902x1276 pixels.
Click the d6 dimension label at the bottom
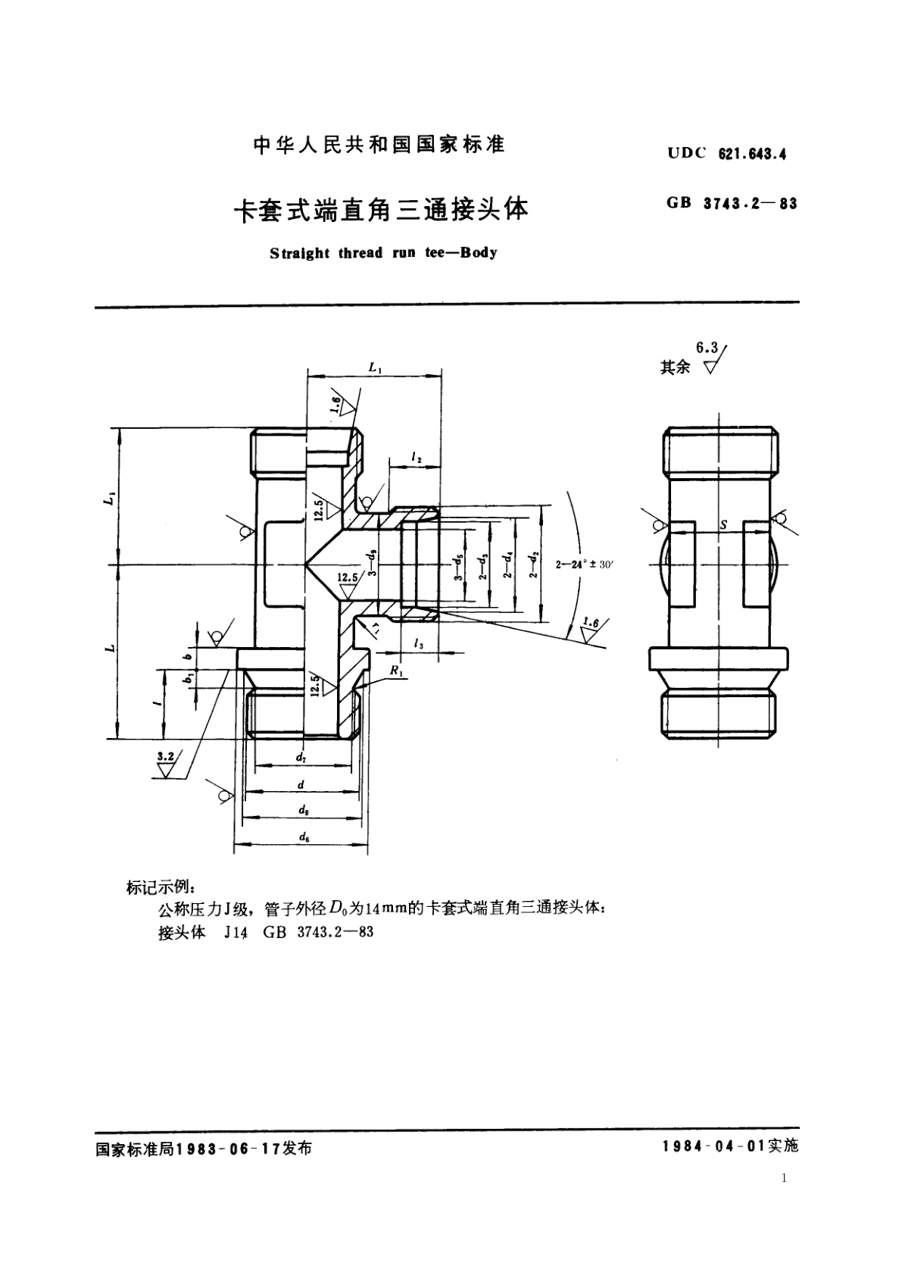point(303,837)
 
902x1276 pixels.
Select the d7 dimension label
point(301,757)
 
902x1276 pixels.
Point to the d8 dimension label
point(303,810)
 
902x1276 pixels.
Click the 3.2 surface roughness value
point(164,756)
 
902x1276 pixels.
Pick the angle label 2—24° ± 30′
point(587,565)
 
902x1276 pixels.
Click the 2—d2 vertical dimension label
point(536,565)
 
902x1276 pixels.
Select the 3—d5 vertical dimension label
point(457,566)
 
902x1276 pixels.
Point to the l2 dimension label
point(416,457)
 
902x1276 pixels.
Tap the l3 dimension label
point(418,643)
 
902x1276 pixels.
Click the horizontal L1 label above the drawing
point(375,367)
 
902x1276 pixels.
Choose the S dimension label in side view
point(724,524)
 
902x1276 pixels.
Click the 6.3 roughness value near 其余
point(707,347)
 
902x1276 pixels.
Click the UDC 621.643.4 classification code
point(727,154)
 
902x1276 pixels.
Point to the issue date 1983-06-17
point(228,1149)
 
